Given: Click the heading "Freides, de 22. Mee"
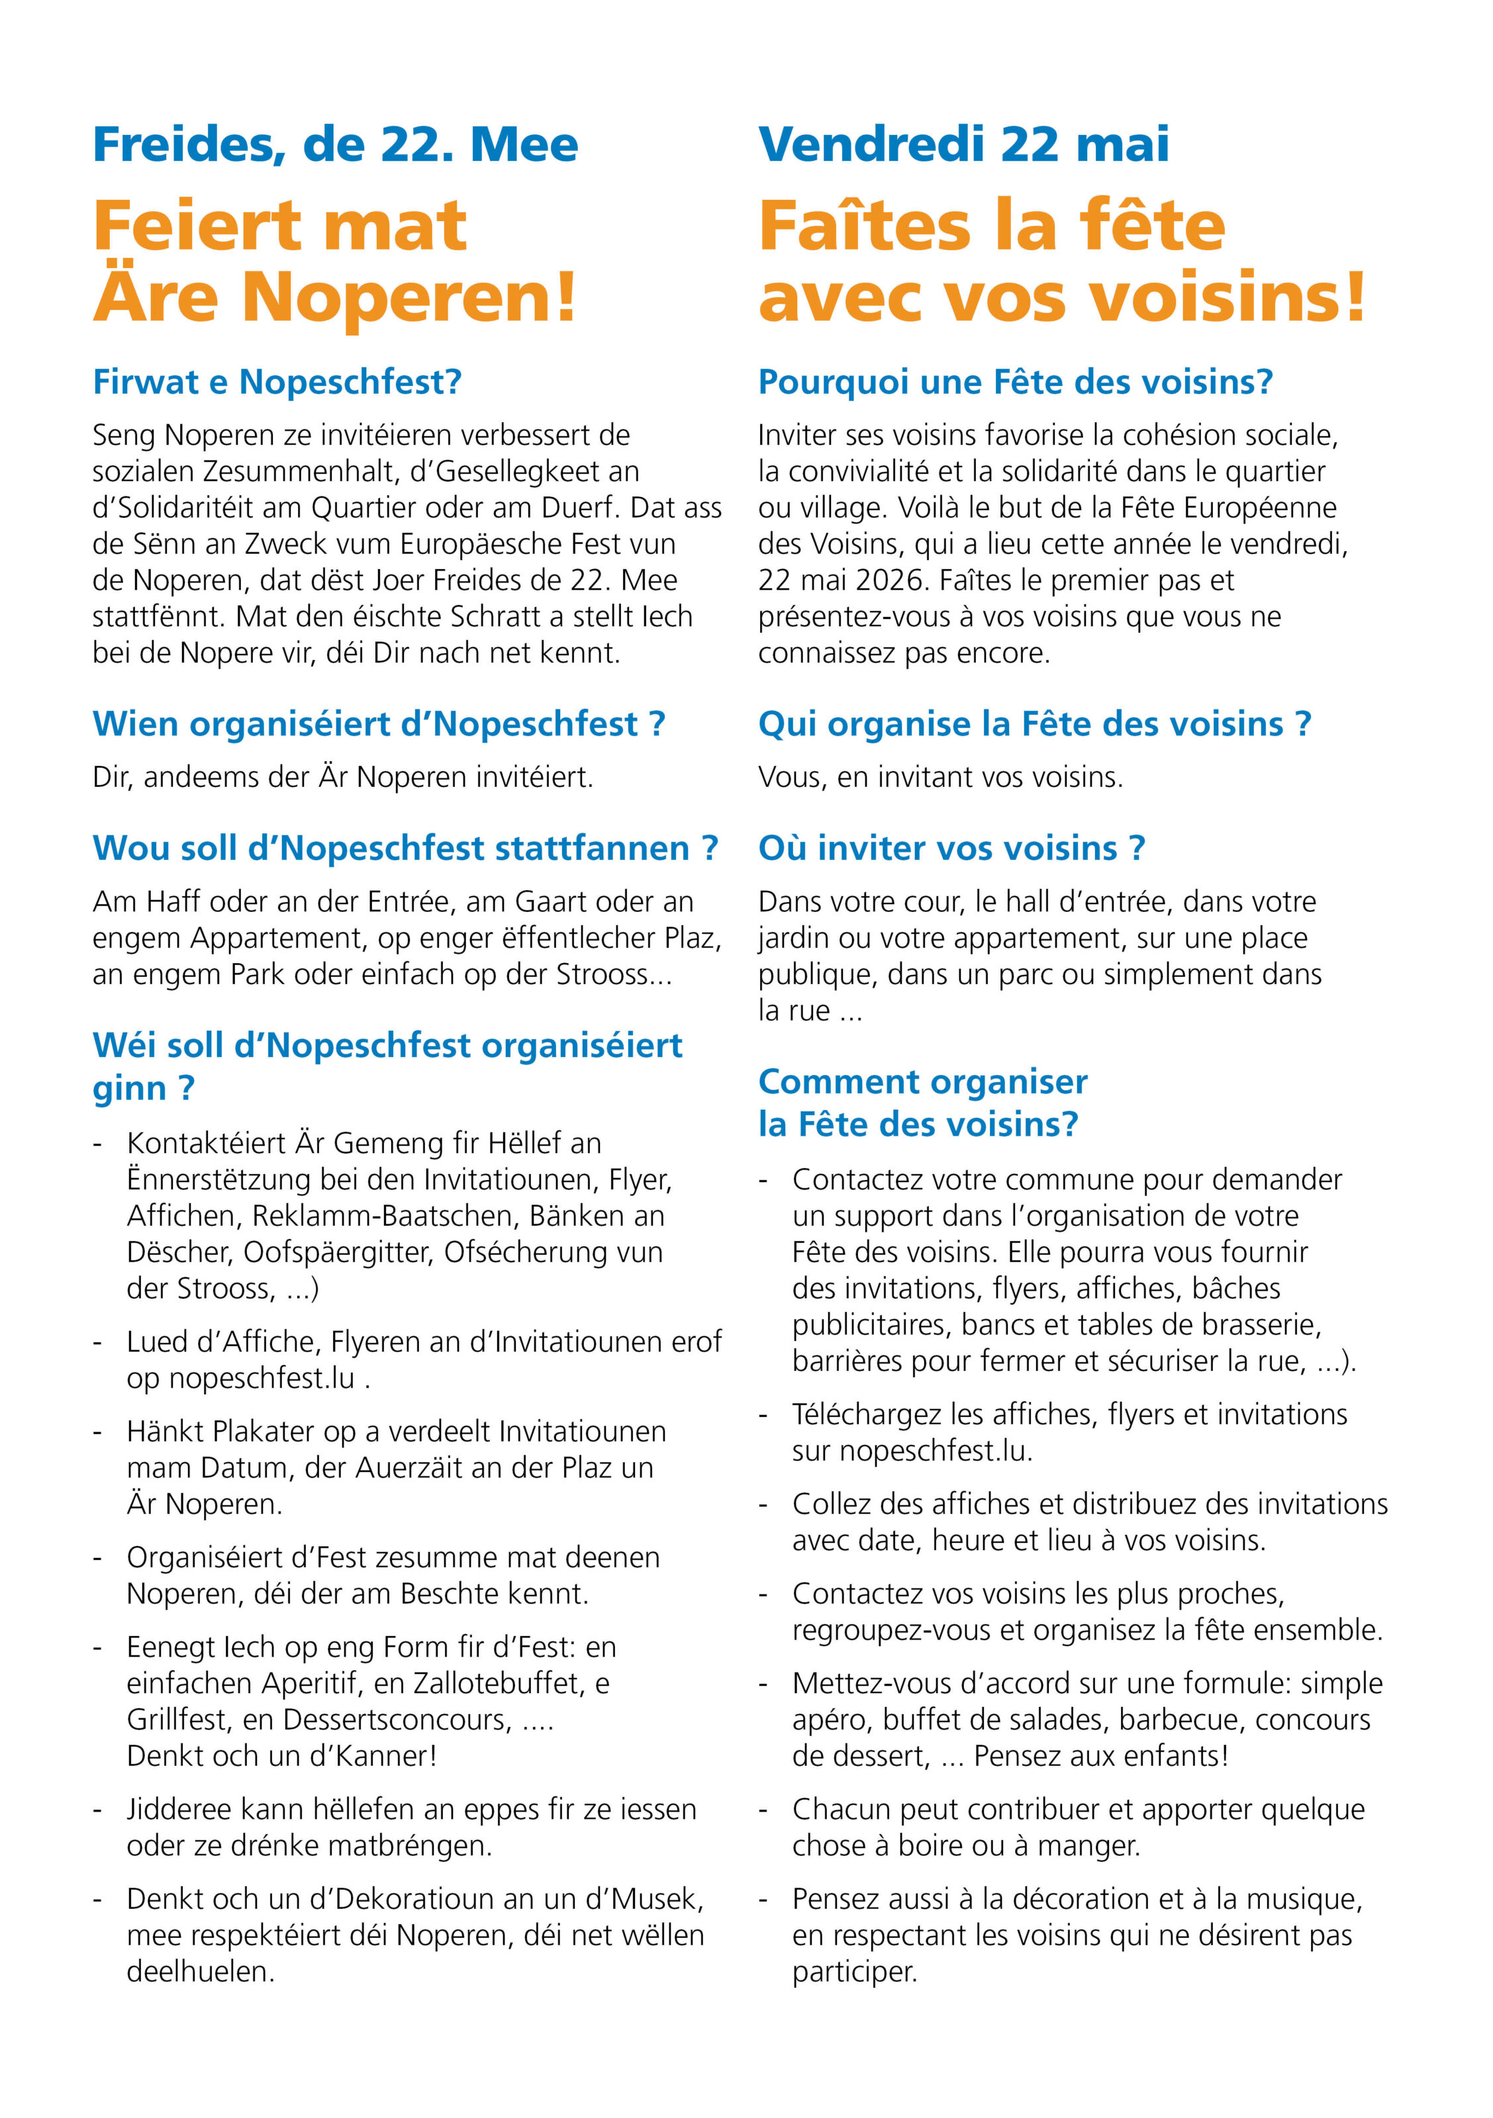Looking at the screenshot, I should [x=335, y=146].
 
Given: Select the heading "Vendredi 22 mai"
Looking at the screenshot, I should [x=963, y=146].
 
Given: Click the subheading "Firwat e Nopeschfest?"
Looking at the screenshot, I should [x=277, y=382].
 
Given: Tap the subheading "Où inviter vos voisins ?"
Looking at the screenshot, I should [x=951, y=848].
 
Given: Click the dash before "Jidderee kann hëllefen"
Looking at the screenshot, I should [x=98, y=1810].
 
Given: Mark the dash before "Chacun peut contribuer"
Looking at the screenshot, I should [x=763, y=1810].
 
